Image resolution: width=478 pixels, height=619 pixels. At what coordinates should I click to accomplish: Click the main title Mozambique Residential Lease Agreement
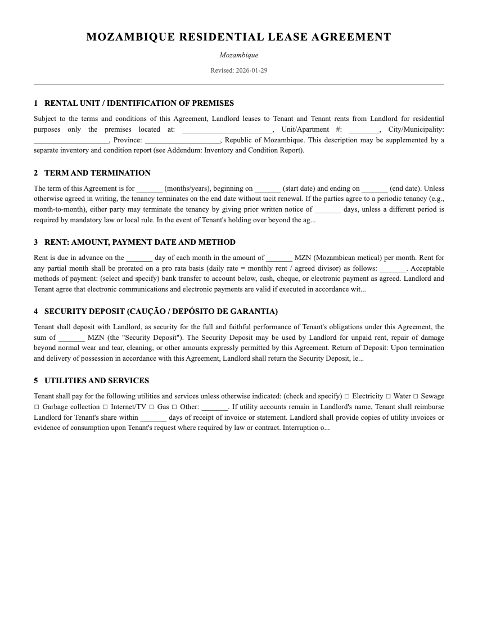pyautogui.click(x=238, y=37)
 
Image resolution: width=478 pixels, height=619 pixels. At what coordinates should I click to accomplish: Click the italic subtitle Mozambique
pyautogui.click(x=238, y=55)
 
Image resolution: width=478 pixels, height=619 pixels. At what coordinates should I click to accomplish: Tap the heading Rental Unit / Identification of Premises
pyautogui.click(x=139, y=103)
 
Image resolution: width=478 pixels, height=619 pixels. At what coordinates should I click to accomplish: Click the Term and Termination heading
pyautogui.click(x=97, y=173)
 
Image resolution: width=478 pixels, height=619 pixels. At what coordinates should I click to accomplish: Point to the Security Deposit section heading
pyautogui.click(x=161, y=311)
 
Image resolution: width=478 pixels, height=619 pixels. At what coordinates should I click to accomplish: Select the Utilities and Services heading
pyautogui.click(x=97, y=380)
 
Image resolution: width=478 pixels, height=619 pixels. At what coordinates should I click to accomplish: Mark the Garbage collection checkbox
pyautogui.click(x=37, y=407)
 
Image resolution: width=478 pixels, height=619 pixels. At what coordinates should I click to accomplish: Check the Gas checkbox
pyautogui.click(x=152, y=407)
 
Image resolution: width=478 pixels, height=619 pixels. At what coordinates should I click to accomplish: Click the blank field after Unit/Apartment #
pyautogui.click(x=364, y=130)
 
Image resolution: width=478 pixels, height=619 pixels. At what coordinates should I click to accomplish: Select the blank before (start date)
pyautogui.click(x=268, y=189)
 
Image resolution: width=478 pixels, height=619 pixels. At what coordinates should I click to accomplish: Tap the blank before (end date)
pyautogui.click(x=375, y=189)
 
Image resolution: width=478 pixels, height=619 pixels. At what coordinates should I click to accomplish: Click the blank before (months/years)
pyautogui.click(x=150, y=189)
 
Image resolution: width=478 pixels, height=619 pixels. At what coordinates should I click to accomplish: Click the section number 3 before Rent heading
pyautogui.click(x=36, y=242)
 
